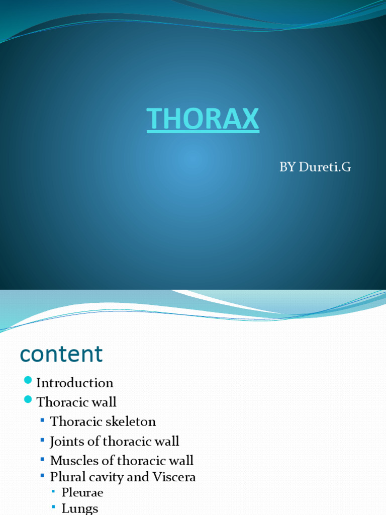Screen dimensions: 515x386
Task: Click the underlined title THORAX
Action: pyautogui.click(x=203, y=119)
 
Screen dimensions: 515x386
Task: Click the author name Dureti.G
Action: pyautogui.click(x=325, y=167)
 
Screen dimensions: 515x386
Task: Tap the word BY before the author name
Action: pyautogui.click(x=287, y=167)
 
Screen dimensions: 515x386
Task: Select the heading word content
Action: pyautogui.click(x=61, y=354)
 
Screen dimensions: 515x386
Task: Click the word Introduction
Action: pyautogui.click(x=74, y=383)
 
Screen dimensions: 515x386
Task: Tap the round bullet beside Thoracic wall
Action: pyautogui.click(x=28, y=399)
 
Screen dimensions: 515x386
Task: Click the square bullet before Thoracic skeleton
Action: pyautogui.click(x=43, y=419)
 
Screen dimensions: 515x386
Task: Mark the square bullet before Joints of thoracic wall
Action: pyautogui.click(x=43, y=440)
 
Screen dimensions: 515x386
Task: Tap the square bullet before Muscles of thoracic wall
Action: pyautogui.click(x=43, y=459)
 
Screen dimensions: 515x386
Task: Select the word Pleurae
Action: pyautogui.click(x=82, y=492)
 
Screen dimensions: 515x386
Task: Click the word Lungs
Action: pyautogui.click(x=79, y=508)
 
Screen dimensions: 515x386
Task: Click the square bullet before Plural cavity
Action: pyautogui.click(x=43, y=475)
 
